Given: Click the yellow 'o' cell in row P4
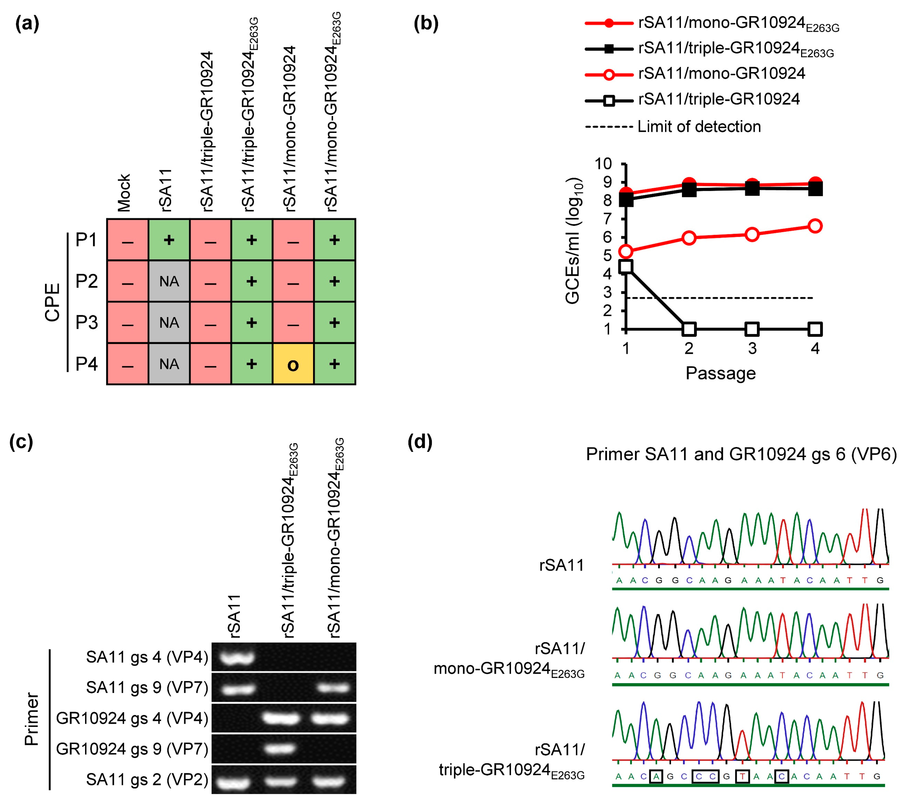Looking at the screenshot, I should (x=293, y=364).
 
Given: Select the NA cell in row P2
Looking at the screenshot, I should (x=169, y=281).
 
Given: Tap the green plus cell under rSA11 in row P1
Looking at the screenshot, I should (x=169, y=240).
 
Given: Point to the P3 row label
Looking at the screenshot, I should (x=87, y=322).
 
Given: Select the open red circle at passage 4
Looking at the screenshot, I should (x=815, y=226).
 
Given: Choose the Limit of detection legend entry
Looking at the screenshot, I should (x=699, y=127).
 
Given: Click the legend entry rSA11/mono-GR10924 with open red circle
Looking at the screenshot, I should (x=721, y=73).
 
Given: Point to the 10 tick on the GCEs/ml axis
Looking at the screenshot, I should (x=604, y=164).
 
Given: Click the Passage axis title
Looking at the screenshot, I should (x=721, y=373).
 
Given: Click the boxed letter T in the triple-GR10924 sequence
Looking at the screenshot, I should (x=743, y=776).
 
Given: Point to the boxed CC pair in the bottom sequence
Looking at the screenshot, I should (x=705, y=776).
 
